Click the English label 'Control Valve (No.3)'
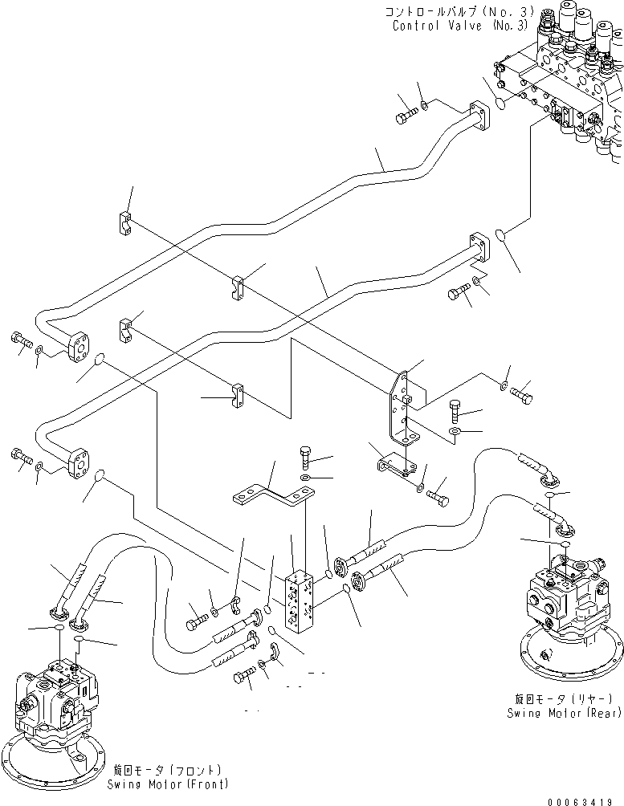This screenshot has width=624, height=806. coord(460,25)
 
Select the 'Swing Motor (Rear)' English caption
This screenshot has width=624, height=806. coord(561,712)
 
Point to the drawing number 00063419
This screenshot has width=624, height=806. coord(585,800)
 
